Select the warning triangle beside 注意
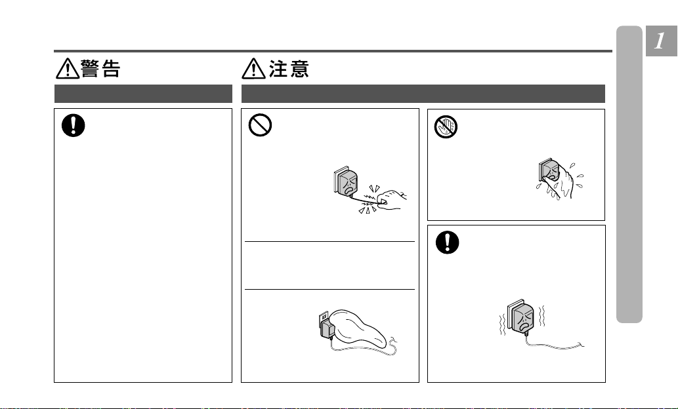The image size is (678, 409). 254,69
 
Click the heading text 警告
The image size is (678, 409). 100,69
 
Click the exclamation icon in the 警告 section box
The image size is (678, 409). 73,125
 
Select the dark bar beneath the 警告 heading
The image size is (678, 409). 143,93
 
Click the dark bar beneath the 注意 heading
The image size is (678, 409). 423,93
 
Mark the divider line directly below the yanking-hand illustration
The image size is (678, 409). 330,241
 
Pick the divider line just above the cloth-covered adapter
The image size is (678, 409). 330,289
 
